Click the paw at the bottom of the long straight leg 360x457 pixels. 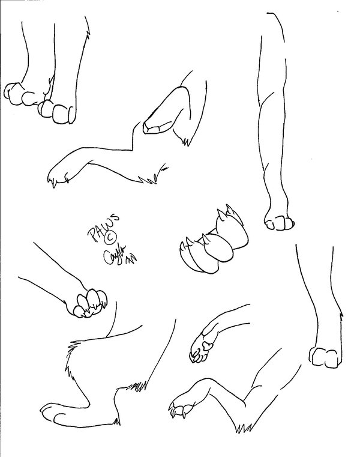pyautogui.click(x=280, y=222)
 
